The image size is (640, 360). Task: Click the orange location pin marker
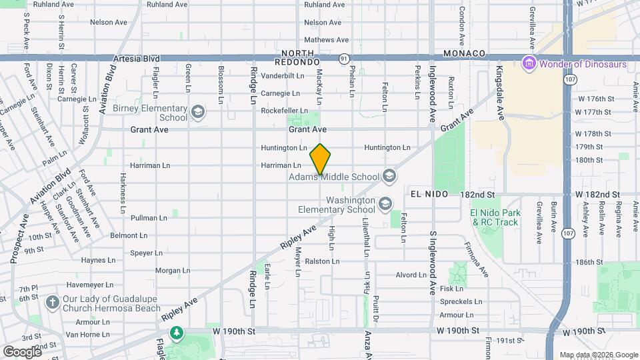tap(321, 159)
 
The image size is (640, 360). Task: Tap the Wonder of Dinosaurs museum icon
tap(529, 65)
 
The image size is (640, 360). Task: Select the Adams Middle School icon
tap(389, 177)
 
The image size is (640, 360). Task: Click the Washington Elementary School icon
tap(385, 203)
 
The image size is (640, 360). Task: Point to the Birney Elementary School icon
tap(197, 112)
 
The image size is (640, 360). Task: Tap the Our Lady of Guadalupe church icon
tap(51, 303)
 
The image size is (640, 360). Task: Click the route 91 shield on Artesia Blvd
tap(343, 59)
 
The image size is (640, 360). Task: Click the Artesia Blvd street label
tap(131, 59)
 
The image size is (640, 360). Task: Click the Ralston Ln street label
tap(318, 261)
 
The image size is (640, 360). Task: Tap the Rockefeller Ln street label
tap(284, 111)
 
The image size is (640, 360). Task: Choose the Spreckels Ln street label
tap(457, 302)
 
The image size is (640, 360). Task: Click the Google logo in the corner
tap(22, 351)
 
